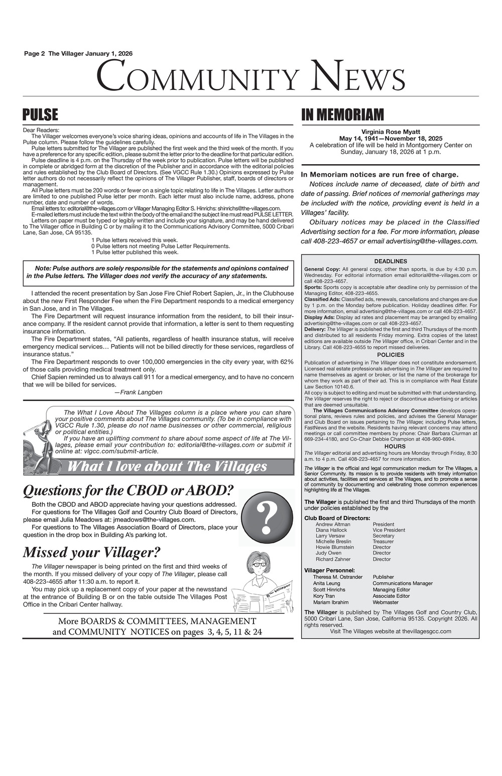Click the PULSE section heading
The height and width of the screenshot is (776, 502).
[x=41, y=115]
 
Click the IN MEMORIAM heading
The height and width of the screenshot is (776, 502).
[x=342, y=115]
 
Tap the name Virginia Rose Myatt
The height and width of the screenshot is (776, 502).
[x=391, y=132]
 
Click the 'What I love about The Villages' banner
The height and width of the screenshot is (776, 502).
[x=167, y=467]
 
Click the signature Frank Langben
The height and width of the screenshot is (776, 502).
[x=139, y=392]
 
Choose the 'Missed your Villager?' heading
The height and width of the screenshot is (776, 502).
[x=91, y=552]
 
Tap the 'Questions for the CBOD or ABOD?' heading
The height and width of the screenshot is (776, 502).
[x=129, y=490]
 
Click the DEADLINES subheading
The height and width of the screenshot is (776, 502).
[x=391, y=261]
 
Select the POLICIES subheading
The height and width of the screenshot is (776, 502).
[x=391, y=355]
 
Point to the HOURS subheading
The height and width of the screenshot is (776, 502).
[x=391, y=446]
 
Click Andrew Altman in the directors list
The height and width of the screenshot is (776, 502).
[x=333, y=524]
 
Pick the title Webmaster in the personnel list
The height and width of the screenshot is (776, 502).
[x=386, y=602]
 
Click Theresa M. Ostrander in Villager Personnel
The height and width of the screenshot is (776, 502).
[x=338, y=577]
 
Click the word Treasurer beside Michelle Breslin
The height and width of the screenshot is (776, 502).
[x=383, y=542]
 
